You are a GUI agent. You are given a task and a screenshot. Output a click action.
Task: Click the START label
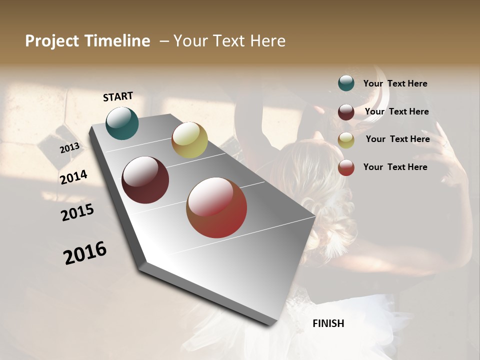(x=118, y=96)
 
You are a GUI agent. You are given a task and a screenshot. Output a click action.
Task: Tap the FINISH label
(x=328, y=323)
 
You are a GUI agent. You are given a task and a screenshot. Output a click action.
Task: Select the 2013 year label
(x=70, y=148)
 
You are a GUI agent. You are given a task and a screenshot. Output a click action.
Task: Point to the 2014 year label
(x=73, y=177)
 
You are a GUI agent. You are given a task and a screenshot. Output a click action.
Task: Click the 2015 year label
(x=77, y=212)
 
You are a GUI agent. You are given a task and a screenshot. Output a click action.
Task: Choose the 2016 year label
(x=85, y=252)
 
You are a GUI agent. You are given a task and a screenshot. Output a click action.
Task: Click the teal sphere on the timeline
(x=122, y=123)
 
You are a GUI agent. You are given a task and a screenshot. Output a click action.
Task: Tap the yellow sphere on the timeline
(x=189, y=140)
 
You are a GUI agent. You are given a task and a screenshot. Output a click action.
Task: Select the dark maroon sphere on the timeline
(x=145, y=180)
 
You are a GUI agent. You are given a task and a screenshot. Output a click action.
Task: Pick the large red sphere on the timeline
(x=216, y=207)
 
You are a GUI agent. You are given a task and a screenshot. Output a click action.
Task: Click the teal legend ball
(x=346, y=83)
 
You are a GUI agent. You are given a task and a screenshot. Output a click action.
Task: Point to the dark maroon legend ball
(x=346, y=111)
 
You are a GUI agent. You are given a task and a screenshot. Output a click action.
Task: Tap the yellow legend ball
(x=346, y=140)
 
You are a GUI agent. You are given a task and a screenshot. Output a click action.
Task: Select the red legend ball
(x=346, y=167)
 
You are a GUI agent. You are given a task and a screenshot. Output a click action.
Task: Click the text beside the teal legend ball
(x=395, y=84)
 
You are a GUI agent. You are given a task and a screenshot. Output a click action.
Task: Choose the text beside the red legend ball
(x=395, y=167)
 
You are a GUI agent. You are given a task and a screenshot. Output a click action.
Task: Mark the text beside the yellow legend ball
(x=397, y=139)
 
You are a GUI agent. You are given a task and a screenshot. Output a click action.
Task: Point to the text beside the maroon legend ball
(x=396, y=111)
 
